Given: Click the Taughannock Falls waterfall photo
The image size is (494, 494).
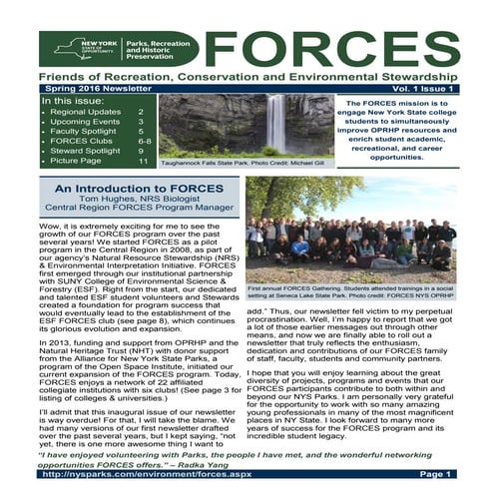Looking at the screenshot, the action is coord(241,125).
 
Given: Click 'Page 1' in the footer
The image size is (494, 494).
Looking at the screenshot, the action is coord(435,474).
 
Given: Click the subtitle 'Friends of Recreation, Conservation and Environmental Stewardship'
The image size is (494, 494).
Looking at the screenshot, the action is coord(247,76).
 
